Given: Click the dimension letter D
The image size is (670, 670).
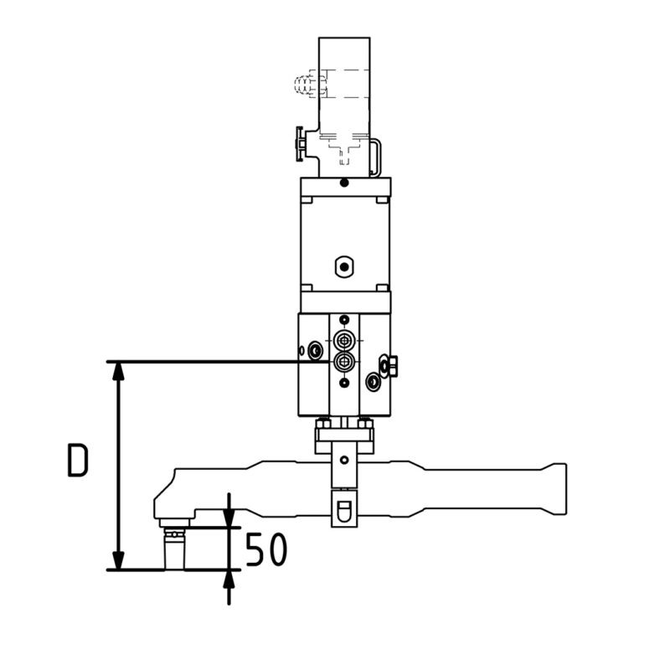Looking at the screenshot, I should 77,461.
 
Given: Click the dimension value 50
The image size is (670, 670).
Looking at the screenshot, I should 265,549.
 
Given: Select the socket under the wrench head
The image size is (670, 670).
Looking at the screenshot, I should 173,551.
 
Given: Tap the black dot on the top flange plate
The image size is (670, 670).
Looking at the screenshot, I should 343,183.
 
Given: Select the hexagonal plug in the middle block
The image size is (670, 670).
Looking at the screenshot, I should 343,267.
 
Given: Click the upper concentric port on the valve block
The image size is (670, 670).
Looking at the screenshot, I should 343,340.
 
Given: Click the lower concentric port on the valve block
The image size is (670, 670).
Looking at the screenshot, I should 343,361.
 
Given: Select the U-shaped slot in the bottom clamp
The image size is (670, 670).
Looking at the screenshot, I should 343,510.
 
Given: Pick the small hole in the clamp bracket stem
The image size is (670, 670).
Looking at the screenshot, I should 343,459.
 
